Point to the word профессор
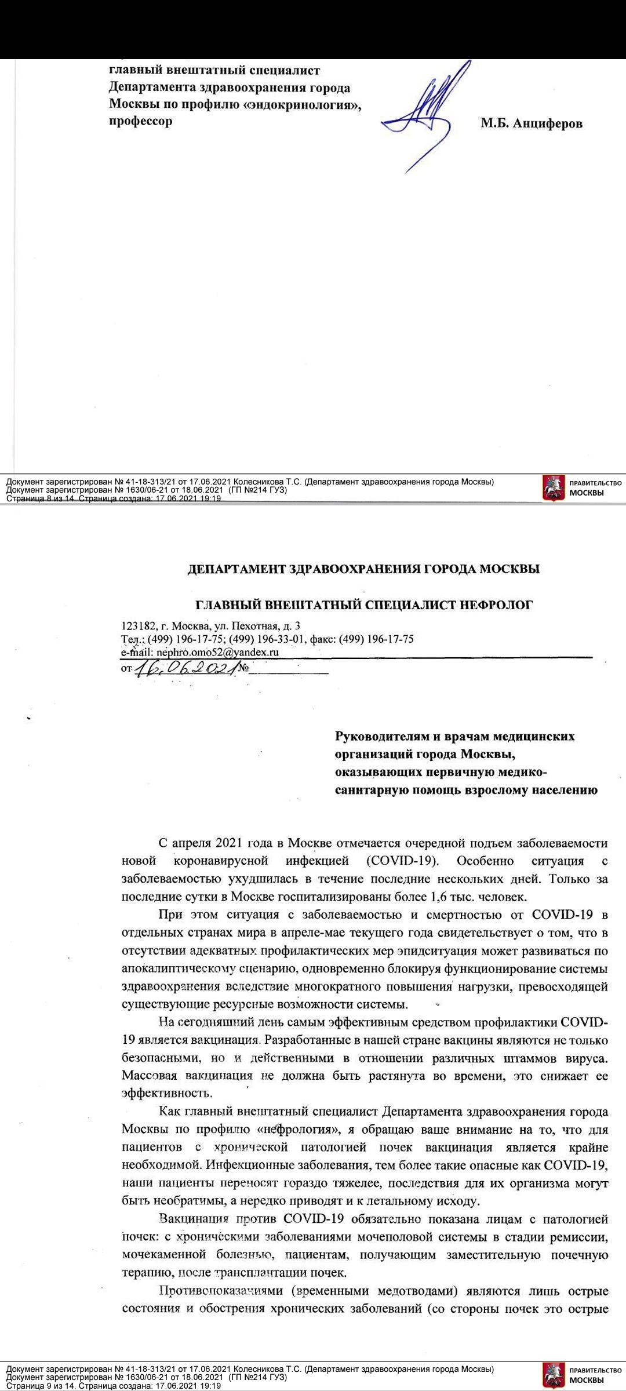point(141,122)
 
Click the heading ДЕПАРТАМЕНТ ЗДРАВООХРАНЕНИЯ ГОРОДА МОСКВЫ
point(364,569)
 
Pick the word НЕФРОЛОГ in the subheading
point(496,605)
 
